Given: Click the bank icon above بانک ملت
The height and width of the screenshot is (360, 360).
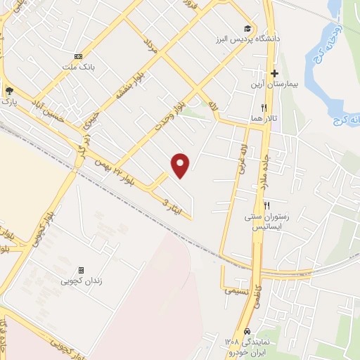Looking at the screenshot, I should click(78, 56).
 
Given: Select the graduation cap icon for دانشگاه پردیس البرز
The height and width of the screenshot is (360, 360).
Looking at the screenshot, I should click(247, 28).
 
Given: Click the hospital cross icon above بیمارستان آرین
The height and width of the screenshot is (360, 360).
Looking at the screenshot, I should click(274, 73).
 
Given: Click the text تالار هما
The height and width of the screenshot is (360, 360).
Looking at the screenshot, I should click(261, 119).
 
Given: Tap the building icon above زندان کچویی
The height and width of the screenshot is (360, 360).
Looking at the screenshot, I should click(81, 270).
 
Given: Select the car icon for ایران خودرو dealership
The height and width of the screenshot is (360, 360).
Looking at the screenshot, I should click(246, 331).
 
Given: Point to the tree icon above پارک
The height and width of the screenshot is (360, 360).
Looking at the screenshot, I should click(8, 91).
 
